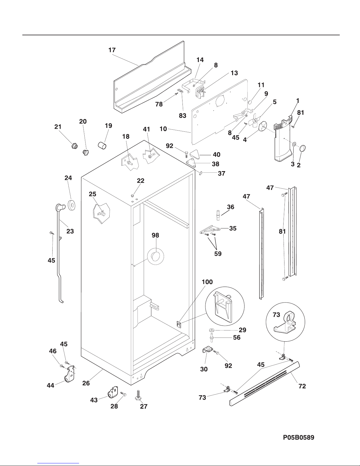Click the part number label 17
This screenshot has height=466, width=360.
coord(112,50)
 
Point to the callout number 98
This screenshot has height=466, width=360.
coord(155,235)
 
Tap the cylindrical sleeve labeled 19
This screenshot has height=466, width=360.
coord(102,145)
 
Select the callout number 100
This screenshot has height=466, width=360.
coord(207,282)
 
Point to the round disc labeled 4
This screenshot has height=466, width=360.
coord(262,126)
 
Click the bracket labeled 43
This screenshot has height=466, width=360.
coord(112,392)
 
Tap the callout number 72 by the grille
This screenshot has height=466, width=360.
coord(302,386)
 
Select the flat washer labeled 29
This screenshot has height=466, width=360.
coord(212,330)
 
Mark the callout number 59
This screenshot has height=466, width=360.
coord(217,253)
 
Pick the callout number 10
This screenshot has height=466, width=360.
coord(163,128)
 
